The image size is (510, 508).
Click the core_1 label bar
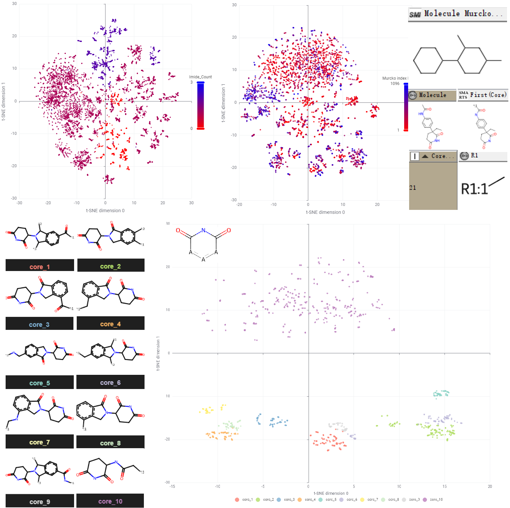pos(40,266)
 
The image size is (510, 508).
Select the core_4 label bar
pos(110,324)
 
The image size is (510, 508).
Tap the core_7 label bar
pos(40,442)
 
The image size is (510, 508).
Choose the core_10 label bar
pos(110,501)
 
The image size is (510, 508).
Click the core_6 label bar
pos(110,382)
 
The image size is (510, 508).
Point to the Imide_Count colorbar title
pos(200,77)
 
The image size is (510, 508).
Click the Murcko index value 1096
pos(395,84)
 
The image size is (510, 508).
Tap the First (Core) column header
pos(483,95)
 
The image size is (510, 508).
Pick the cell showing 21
pos(413,188)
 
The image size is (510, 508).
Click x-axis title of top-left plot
pos(105,211)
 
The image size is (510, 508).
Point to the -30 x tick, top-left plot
pos(19,203)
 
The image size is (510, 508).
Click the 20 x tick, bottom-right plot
pos(489,487)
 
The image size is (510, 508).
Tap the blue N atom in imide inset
pos(203,230)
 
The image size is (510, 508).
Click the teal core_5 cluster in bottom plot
pos(441,393)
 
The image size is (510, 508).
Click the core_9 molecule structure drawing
pos(40,473)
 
